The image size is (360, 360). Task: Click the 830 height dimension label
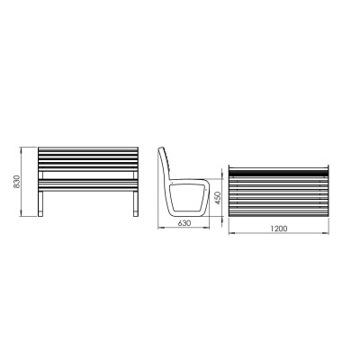[17, 182]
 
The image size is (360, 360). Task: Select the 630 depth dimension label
[184, 223]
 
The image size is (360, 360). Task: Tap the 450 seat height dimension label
[218, 198]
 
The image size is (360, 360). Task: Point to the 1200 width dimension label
[279, 229]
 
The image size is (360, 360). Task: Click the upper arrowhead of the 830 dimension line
[21, 149]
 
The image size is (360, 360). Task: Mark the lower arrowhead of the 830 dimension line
[21, 214]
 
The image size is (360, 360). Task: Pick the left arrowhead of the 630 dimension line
[160, 228]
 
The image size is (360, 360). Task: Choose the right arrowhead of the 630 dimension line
[207, 228]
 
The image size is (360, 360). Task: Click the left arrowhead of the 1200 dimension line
[231, 233]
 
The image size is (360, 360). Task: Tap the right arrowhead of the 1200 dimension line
[326, 233]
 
